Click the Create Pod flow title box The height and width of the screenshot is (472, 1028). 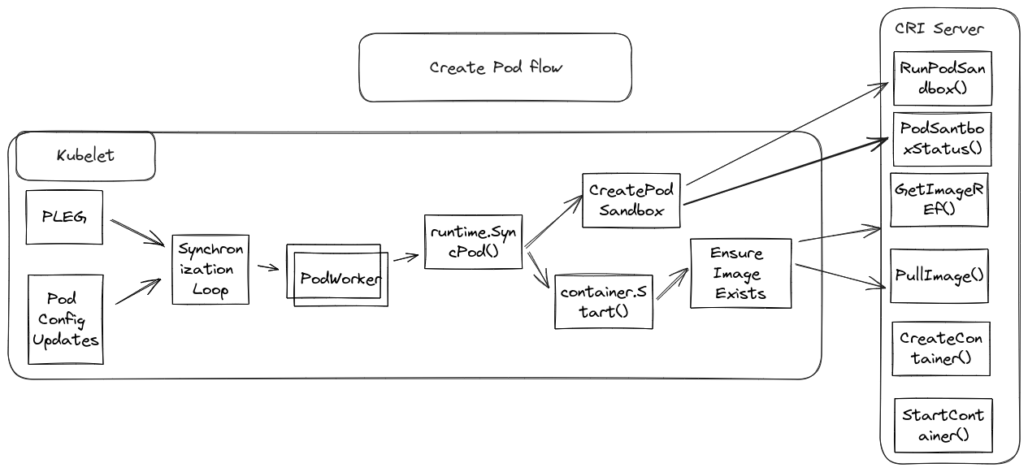point(495,67)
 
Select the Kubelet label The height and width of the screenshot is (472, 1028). point(85,155)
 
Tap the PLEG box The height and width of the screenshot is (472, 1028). point(65,217)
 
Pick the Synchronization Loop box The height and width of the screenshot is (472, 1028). point(210,270)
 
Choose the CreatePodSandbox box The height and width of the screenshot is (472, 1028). point(631,200)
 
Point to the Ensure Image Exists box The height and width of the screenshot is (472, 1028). point(740,273)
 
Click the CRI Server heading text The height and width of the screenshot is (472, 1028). point(939,29)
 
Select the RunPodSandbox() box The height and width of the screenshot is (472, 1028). point(943,79)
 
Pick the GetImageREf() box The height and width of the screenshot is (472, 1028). point(940,199)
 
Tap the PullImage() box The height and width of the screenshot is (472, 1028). point(939,276)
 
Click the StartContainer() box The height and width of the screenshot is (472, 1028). point(943,425)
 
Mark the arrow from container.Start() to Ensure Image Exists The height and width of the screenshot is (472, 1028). point(672,286)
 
